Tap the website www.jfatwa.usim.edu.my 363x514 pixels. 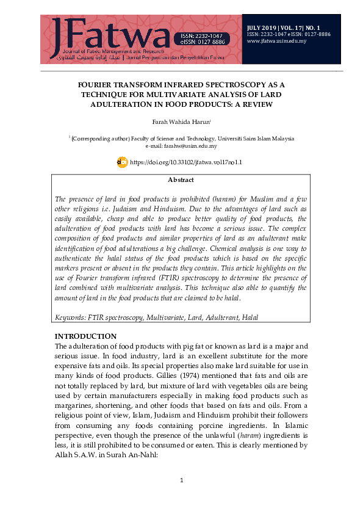click(276, 42)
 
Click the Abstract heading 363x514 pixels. click(181, 180)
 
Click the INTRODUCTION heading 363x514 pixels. click(85, 336)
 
